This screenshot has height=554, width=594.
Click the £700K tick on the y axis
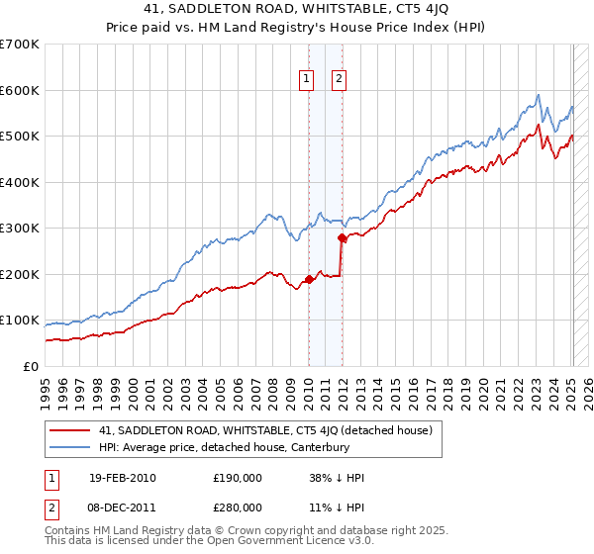click(20, 45)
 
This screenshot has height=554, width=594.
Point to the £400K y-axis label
click(20, 182)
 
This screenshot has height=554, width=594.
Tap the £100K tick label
click(20, 321)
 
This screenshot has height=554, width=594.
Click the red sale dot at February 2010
click(308, 279)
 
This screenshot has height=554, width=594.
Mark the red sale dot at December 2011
click(342, 237)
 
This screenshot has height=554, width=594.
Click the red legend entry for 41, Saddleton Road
click(265, 430)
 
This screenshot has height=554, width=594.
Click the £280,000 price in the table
click(237, 507)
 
